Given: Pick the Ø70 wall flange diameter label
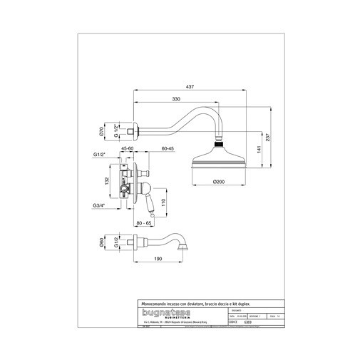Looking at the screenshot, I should [x=102, y=131].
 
